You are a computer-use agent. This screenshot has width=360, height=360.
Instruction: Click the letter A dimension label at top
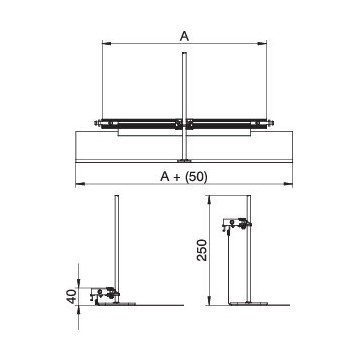click(x=184, y=36)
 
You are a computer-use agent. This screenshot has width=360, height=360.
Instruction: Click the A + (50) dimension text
click(x=184, y=177)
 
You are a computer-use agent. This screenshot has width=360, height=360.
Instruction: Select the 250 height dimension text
click(x=202, y=250)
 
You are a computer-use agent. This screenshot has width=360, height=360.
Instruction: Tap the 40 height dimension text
click(x=72, y=296)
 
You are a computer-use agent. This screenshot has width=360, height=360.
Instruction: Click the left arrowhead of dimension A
click(x=106, y=43)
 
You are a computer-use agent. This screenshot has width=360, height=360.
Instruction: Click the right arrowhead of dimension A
click(x=262, y=43)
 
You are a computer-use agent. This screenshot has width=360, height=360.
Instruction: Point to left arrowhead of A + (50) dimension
click(x=80, y=183)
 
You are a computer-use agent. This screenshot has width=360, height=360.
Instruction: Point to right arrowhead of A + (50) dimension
click(x=288, y=183)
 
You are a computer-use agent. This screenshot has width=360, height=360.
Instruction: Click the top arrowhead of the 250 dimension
click(x=209, y=200)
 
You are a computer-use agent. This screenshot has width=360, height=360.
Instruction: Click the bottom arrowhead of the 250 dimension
click(x=209, y=300)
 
